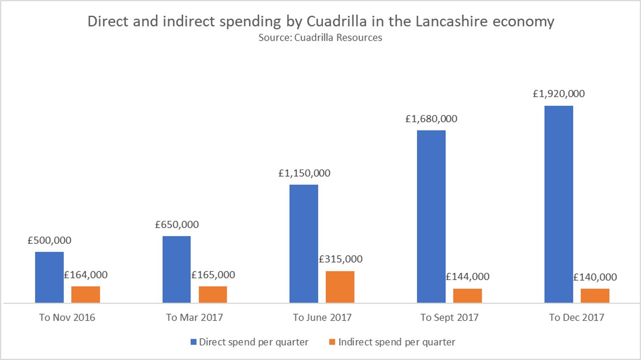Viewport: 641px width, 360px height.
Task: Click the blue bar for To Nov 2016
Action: click(49, 278)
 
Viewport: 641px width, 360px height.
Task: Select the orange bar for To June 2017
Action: click(340, 287)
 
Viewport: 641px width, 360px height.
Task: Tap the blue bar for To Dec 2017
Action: click(559, 204)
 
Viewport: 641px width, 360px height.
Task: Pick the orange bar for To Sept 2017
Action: click(467, 296)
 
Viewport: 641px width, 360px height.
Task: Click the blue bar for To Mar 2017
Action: click(177, 269)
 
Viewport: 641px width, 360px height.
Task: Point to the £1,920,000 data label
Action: click(559, 94)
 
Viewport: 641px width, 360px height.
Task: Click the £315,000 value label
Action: click(341, 259)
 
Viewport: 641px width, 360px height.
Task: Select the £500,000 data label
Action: click(49, 240)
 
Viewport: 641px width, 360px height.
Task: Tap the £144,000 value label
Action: click(467, 277)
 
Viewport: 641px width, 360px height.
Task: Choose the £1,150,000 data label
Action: click(304, 173)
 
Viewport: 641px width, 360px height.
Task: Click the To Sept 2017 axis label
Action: click(449, 318)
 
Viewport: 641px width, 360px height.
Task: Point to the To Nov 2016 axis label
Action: click(67, 318)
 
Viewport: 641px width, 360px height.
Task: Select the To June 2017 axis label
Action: click(322, 318)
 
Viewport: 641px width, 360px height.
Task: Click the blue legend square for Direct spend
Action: click(193, 342)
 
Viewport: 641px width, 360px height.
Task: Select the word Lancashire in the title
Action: click(445, 22)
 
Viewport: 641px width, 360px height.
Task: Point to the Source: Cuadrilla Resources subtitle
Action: click(320, 38)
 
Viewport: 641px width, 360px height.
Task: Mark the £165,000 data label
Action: click(213, 275)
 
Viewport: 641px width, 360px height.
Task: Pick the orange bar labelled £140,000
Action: click(595, 296)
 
